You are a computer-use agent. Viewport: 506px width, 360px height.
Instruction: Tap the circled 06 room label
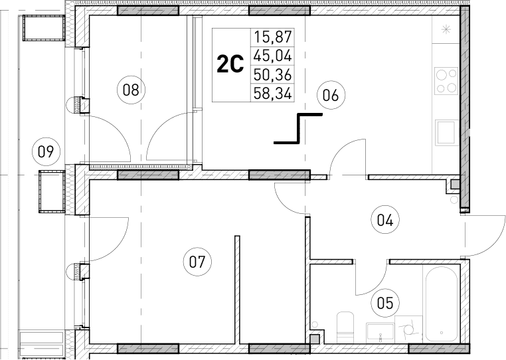tap(331, 96)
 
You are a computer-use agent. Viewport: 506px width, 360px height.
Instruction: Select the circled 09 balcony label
tap(44, 151)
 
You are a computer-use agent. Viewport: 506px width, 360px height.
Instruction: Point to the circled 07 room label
tap(195, 262)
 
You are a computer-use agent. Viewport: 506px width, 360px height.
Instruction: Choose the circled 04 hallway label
tap(385, 220)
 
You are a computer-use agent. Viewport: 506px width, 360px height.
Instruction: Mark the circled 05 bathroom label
tap(385, 303)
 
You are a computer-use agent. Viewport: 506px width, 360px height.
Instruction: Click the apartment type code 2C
tap(230, 65)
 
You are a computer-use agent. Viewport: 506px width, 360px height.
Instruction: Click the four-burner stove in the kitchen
tap(446, 81)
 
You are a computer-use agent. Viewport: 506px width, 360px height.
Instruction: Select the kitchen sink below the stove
tap(445, 132)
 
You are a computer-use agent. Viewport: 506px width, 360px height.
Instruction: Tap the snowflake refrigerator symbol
tap(446, 29)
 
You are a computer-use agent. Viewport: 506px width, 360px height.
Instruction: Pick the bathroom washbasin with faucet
tap(379, 331)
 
